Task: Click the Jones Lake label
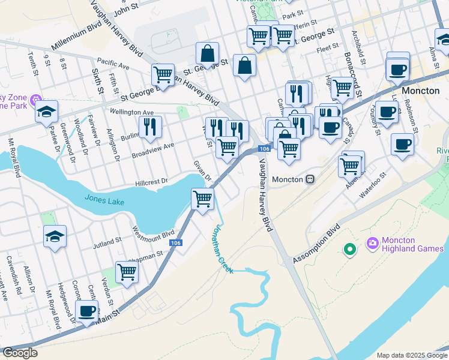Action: coord(104,200)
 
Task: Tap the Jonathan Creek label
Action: coord(220,248)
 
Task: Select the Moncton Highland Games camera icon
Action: coord(372,242)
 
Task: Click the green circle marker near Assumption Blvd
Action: coord(349,248)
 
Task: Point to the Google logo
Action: coord(20,353)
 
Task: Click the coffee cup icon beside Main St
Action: coord(87,311)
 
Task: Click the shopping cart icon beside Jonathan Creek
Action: coord(203,197)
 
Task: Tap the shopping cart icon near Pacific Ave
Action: coord(163,74)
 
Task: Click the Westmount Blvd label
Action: coord(153,232)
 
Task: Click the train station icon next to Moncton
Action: coord(310,179)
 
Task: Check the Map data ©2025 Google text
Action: coord(411,355)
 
